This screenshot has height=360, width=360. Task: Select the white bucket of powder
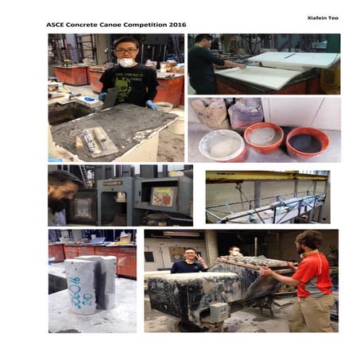pyautogui.click(x=222, y=145)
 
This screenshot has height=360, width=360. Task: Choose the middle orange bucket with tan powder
pyautogui.click(x=263, y=137)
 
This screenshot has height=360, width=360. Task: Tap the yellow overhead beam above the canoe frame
pyautogui.click(x=266, y=176)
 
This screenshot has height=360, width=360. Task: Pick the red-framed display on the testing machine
pyautogui.click(x=162, y=196)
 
